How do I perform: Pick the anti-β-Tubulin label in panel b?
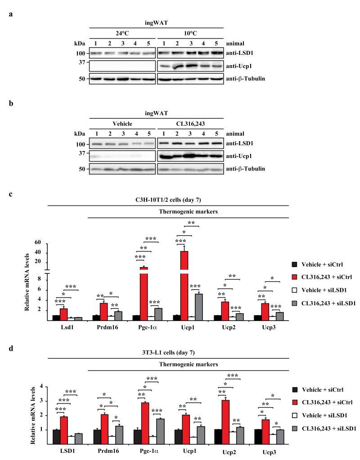pos(259,169)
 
